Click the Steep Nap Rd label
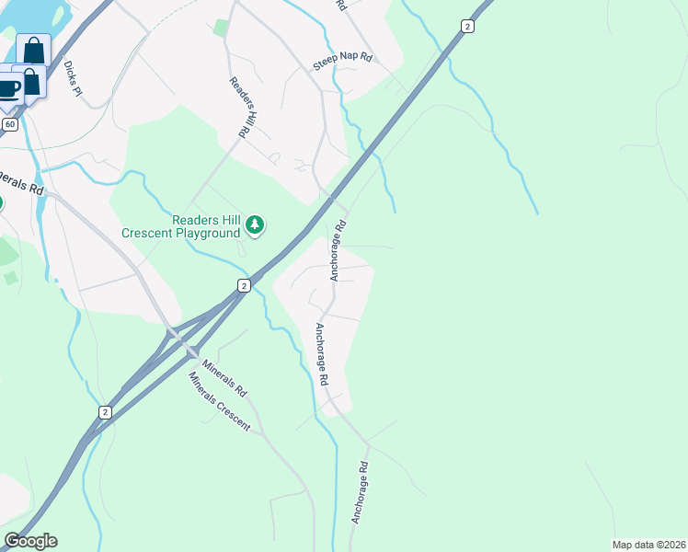coord(342,60)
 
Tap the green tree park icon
coord(257,224)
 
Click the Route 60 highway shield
coord(10,123)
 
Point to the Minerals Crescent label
coord(219,403)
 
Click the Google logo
coord(30,540)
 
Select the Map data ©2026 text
coord(648,545)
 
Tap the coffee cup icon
coord(7,89)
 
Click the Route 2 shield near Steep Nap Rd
coord(467,26)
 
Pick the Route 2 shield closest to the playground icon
coord(243,286)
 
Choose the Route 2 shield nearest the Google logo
coord(106,411)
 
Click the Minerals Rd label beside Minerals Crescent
coord(225,377)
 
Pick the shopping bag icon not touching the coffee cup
coord(33,50)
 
